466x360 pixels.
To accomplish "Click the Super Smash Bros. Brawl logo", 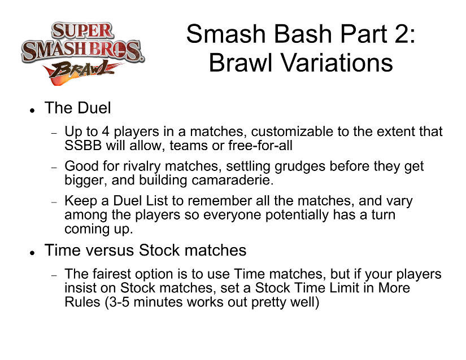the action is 83,54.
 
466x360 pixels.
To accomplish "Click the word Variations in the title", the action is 337,63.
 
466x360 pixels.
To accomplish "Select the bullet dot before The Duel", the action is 32,111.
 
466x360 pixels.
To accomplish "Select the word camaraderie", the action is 232,180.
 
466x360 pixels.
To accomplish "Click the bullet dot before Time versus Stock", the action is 32,253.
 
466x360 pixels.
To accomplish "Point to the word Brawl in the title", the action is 241,63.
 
